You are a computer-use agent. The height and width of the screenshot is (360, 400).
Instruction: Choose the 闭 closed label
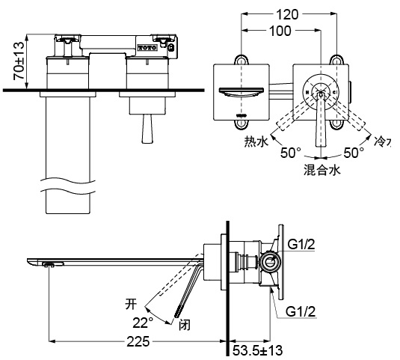(185, 324)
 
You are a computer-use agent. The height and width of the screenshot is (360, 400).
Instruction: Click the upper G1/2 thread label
(302, 244)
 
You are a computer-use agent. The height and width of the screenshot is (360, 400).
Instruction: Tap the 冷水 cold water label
(382, 140)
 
